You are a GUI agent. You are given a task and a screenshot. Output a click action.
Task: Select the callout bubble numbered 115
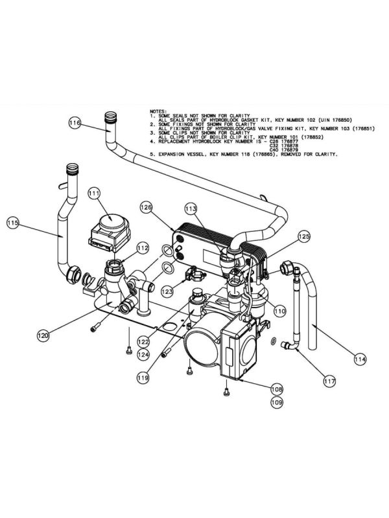coord(13,223)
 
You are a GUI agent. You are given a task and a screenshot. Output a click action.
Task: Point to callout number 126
coord(146,207)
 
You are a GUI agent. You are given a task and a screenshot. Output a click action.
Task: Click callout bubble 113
coord(191,209)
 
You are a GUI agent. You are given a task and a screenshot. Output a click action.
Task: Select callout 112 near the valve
coord(143,248)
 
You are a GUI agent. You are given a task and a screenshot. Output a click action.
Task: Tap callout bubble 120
coord(43,335)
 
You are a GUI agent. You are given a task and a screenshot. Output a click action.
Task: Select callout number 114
coord(359,357)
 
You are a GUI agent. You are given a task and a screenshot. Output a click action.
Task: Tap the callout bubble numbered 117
coord(329,382)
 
